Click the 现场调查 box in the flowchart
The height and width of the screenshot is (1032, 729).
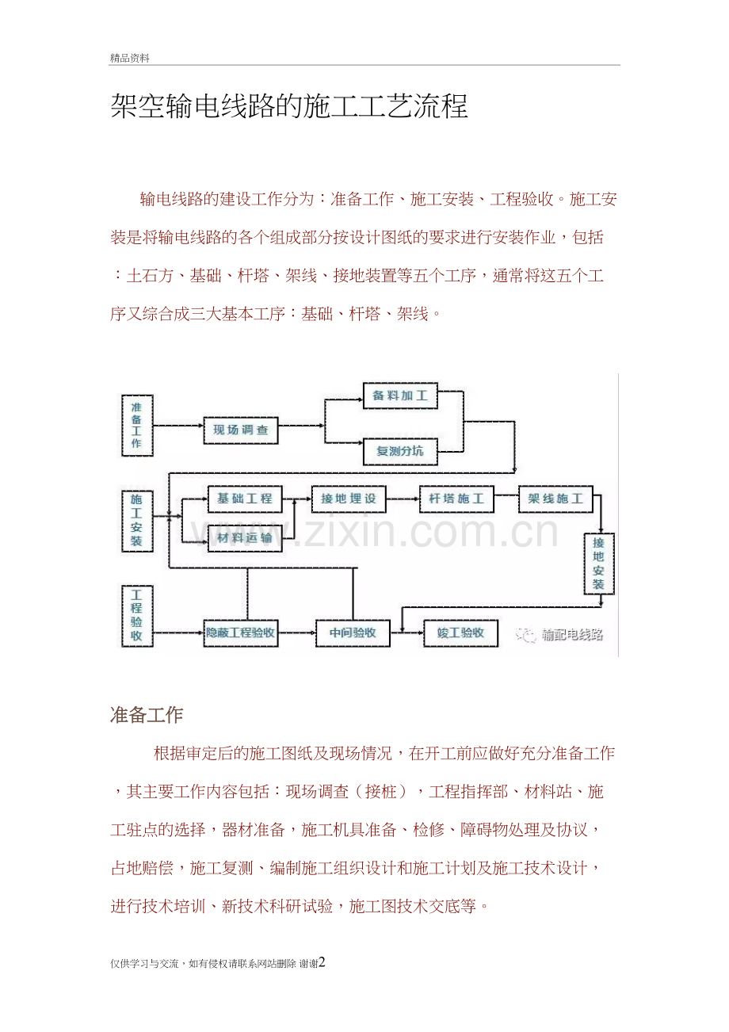[x=240, y=430]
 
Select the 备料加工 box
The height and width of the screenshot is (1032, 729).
[x=400, y=396]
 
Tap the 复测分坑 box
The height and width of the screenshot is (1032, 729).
[x=400, y=452]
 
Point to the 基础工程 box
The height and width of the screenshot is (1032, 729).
[x=245, y=499]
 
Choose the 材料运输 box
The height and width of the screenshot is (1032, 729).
[x=245, y=538]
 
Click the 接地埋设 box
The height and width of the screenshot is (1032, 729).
[x=349, y=499]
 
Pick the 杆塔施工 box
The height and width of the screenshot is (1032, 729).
[x=456, y=499]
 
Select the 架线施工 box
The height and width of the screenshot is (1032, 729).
[x=555, y=499]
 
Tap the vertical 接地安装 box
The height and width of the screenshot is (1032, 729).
[x=599, y=564]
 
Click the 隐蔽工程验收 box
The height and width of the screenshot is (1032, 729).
[x=240, y=633]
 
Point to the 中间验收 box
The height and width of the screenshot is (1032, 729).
[x=353, y=633]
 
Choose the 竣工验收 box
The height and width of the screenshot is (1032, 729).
[x=460, y=633]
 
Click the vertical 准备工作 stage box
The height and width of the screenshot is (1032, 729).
[x=137, y=426]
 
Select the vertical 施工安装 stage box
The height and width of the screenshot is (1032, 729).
[x=137, y=521]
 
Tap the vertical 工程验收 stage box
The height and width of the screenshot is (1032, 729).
[x=137, y=616]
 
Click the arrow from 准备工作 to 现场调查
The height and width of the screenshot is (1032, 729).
[x=178, y=426]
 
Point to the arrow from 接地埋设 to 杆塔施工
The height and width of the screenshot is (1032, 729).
[x=403, y=499]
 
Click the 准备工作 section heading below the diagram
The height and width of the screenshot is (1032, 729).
[x=147, y=715]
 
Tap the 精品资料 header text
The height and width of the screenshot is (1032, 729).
[x=130, y=58]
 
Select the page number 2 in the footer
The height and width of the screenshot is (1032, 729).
[x=322, y=962]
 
